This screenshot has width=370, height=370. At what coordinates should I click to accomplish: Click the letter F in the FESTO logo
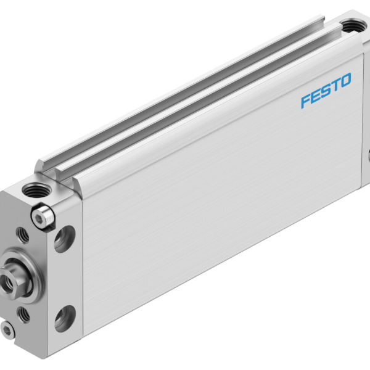[305, 101]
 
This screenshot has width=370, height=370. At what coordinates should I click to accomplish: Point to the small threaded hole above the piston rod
[22, 234]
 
